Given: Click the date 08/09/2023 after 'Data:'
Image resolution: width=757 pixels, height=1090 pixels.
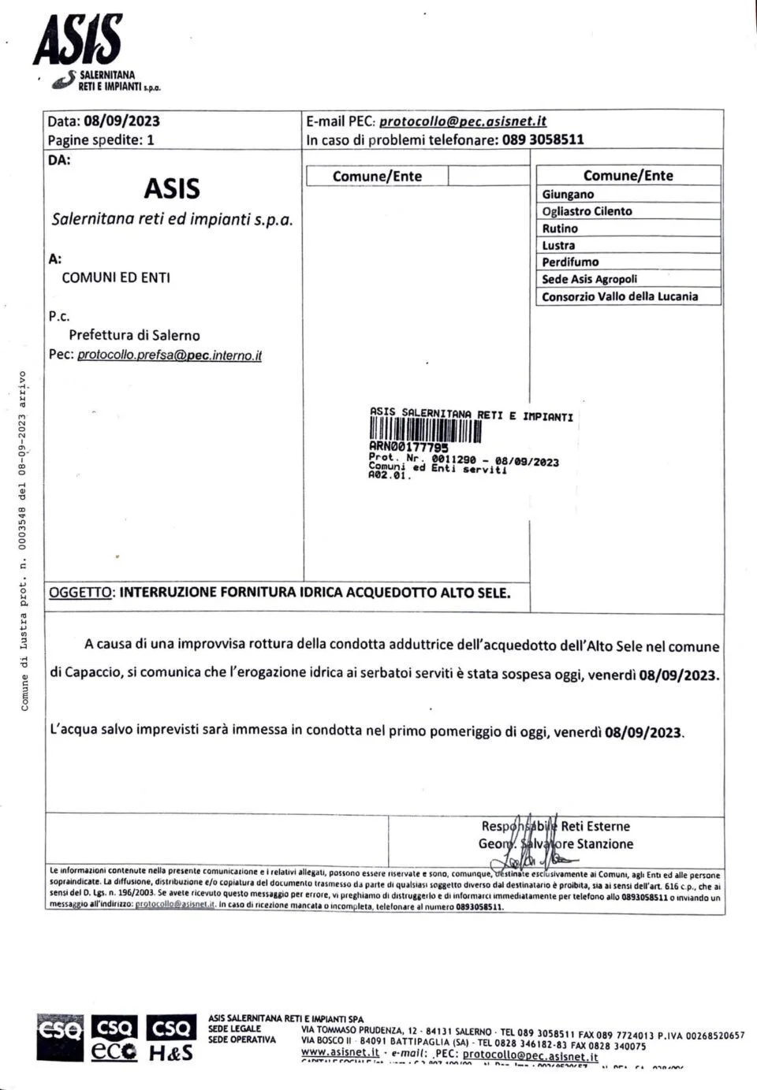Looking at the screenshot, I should tap(121, 121).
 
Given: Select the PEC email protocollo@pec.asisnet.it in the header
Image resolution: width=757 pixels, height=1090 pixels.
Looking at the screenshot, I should tap(463, 121).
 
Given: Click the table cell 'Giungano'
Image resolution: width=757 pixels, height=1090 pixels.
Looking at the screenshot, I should tap(568, 195).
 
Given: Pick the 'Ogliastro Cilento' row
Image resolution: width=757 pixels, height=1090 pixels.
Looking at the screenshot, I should tap(587, 211).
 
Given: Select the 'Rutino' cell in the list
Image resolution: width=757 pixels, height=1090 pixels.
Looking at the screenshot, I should tap(560, 229).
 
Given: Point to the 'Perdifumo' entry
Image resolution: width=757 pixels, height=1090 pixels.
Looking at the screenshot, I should tap(570, 262).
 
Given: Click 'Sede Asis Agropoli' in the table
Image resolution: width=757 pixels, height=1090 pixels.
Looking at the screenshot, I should tap(589, 279).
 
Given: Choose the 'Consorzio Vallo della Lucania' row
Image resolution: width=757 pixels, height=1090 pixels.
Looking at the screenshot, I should tap(620, 296).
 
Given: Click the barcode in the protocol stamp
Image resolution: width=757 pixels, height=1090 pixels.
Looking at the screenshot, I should tap(425, 431).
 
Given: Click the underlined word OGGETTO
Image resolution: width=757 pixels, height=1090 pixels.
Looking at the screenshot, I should tap(80, 593).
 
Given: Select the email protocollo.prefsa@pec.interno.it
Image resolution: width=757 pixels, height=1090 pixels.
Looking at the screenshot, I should tap(169, 355).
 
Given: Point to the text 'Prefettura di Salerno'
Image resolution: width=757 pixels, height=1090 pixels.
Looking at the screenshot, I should tap(134, 335).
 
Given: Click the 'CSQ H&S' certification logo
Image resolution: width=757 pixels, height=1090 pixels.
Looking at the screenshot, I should tap(171, 1039).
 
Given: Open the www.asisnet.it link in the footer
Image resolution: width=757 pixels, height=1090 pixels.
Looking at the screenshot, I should tap(340, 1052).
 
